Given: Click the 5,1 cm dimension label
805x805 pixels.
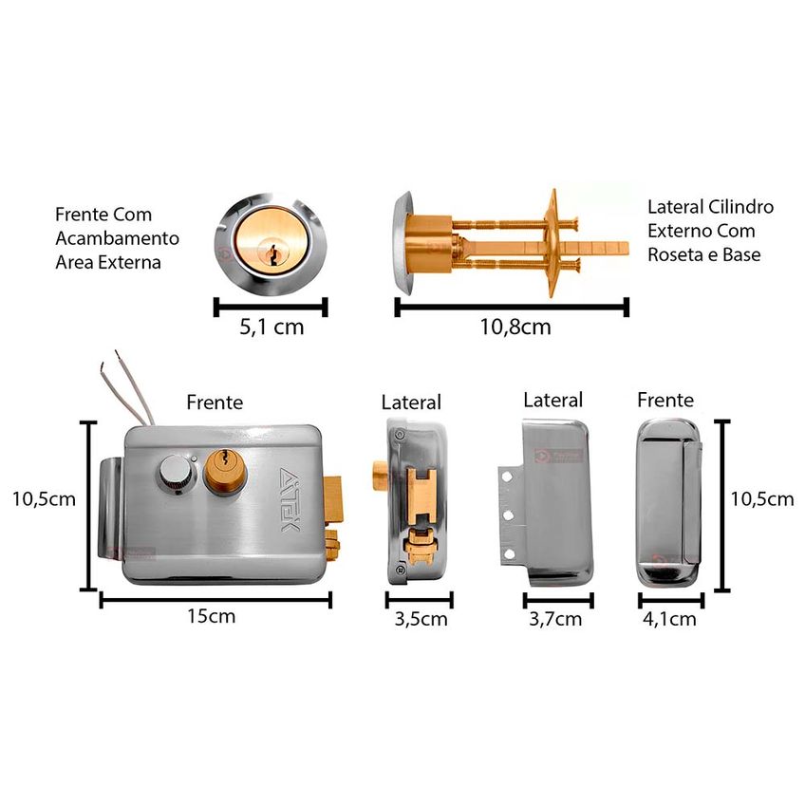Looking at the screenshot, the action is click(271, 327).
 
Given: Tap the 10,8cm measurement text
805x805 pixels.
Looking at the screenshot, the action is click(515, 327).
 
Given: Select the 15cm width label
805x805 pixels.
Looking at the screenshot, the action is click(211, 615).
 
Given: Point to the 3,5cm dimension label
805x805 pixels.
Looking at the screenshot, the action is click(421, 619).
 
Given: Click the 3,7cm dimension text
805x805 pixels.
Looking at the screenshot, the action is click(555, 619).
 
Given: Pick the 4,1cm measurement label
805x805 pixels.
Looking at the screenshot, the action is click(669, 619).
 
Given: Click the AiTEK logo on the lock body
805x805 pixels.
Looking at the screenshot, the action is click(290, 499).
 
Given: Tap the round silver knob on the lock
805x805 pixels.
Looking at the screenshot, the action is click(177, 474).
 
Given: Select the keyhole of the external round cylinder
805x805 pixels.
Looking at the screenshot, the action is click(272, 253).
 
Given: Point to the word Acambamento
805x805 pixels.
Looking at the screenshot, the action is click(118, 238).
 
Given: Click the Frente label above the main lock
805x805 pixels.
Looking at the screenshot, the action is click(215, 402).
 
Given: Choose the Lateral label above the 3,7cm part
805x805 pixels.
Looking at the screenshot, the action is click(552, 400).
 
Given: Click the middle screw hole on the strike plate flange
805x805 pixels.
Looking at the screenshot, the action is click(508, 515).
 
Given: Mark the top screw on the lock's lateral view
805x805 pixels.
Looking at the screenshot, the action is click(399, 435).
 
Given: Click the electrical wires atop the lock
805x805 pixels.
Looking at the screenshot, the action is click(128, 387).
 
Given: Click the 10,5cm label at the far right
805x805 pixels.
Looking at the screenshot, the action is click(762, 499).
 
